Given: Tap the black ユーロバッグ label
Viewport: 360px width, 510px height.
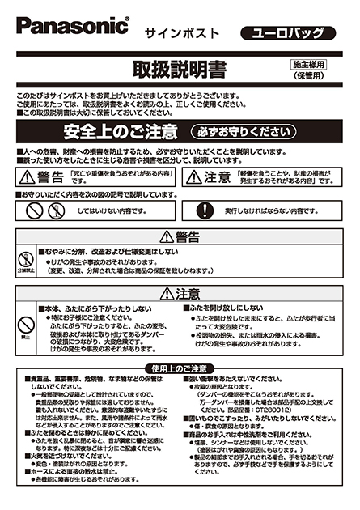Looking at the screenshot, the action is click(287, 33).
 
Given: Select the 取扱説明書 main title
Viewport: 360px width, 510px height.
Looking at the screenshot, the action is click(180, 66).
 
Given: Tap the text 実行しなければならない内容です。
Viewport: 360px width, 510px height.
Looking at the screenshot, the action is click(270, 210).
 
